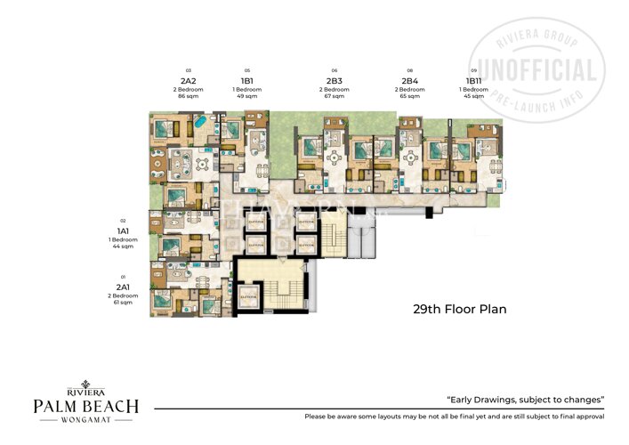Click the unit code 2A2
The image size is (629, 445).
pyautogui.click(x=188, y=81)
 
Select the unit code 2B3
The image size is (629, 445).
pyautogui.click(x=335, y=81)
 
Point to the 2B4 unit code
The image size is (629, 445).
pyautogui.click(x=409, y=81)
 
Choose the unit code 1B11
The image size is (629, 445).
pyautogui.click(x=474, y=81)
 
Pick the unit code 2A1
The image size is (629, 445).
pyautogui.click(x=124, y=287)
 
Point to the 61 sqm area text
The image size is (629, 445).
pyautogui.click(x=124, y=303)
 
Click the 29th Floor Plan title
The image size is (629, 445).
pyautogui.click(x=459, y=311)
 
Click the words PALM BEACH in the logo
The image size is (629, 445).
pyautogui.click(x=85, y=407)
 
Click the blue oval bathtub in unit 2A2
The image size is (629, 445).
pyautogui.click(x=202, y=121)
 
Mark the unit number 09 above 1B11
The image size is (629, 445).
pyautogui.click(x=474, y=70)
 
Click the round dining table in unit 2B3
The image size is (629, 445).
pyautogui.click(x=335, y=154)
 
